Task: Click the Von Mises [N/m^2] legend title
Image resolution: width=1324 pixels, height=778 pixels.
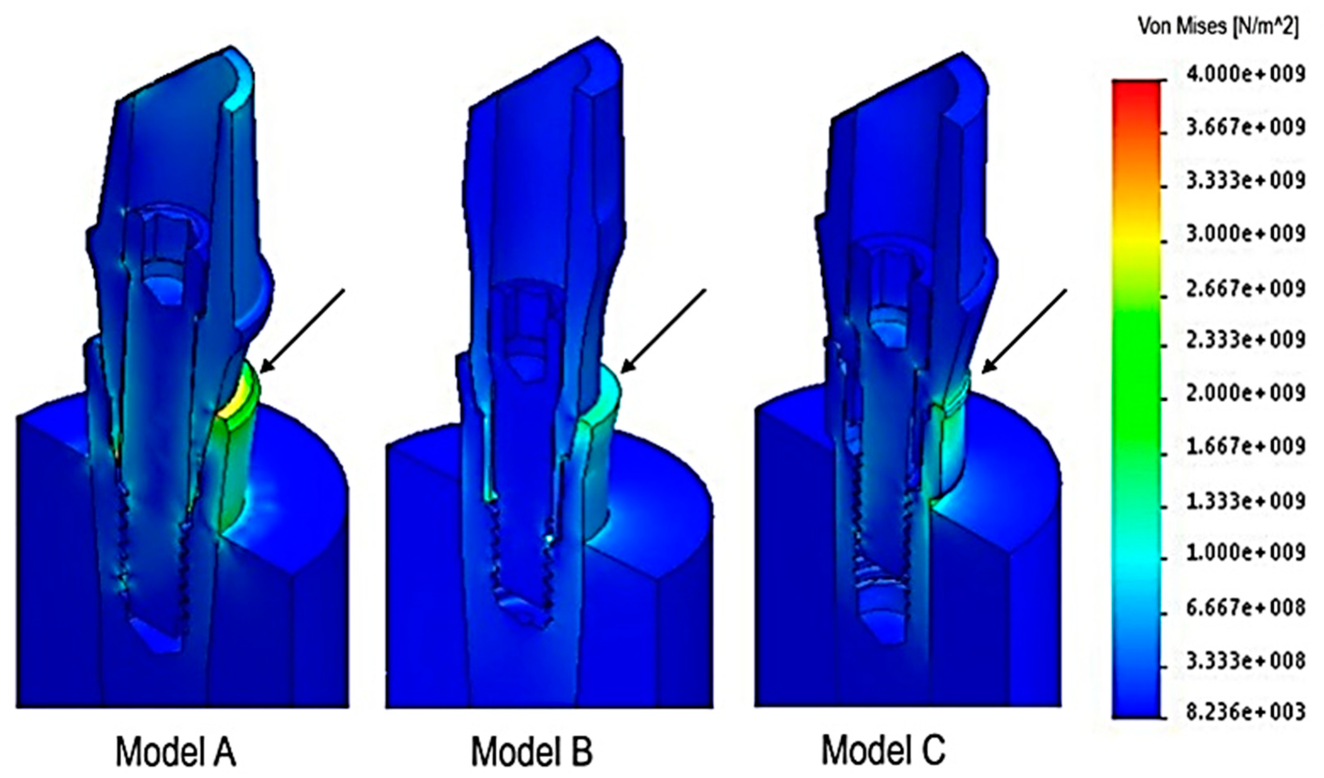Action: [1217, 26]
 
